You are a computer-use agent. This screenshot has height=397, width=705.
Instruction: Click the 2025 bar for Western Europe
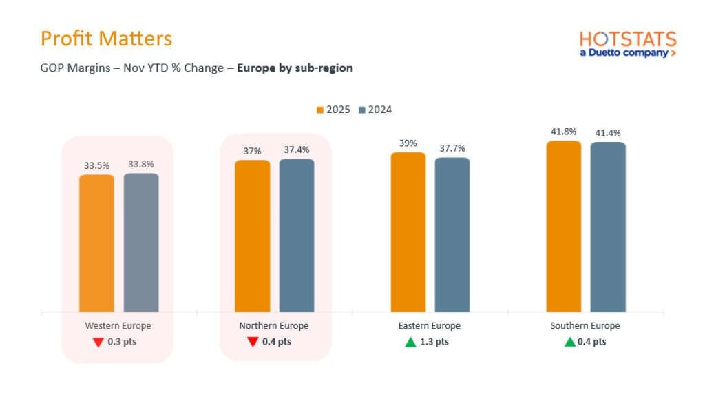pos(96,243)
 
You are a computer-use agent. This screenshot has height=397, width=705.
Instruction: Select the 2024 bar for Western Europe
pos(141,243)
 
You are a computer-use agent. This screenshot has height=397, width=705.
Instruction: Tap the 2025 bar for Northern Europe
pos(252,236)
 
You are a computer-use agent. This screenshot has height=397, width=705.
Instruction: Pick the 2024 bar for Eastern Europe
pos(452,234)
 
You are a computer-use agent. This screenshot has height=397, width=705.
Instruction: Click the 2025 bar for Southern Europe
pos(563,226)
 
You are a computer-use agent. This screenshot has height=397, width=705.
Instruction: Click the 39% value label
pos(408,143)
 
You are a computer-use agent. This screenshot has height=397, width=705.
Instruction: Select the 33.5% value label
pos(96,165)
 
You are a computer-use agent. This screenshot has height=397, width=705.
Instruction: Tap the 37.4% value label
pos(297,150)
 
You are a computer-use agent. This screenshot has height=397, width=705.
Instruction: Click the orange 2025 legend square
pos(320,110)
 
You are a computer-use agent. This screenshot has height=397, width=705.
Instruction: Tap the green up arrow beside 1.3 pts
pos(411,342)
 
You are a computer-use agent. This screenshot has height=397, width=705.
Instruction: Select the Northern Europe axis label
pos(274,326)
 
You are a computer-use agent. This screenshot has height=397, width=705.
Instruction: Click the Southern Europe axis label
pos(585,326)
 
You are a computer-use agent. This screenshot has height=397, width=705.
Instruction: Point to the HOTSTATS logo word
pos(628,39)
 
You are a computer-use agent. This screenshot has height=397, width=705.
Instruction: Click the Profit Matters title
pos(106,38)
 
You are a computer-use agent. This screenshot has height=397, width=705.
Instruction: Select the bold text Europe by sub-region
pos(295,68)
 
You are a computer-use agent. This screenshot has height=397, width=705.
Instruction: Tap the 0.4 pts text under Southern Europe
pos(593,342)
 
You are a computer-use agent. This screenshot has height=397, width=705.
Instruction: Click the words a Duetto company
pos(623,53)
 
